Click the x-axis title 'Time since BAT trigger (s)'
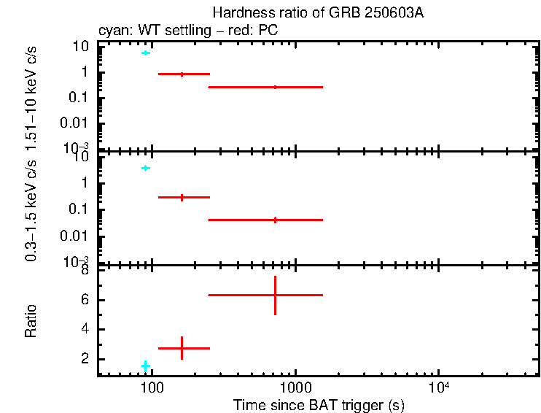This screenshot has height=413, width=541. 318,405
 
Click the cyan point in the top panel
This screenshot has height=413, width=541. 146,53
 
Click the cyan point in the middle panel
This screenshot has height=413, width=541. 146,169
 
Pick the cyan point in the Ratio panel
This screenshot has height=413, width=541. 146,366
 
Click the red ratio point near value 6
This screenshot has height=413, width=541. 275,295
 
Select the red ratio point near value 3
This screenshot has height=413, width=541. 182,348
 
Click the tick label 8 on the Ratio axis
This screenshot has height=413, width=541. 85,271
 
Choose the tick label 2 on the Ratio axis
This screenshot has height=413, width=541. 85,359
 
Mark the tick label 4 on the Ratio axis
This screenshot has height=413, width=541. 85,329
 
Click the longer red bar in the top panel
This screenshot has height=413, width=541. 265,87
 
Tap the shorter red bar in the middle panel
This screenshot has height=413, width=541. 184,197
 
